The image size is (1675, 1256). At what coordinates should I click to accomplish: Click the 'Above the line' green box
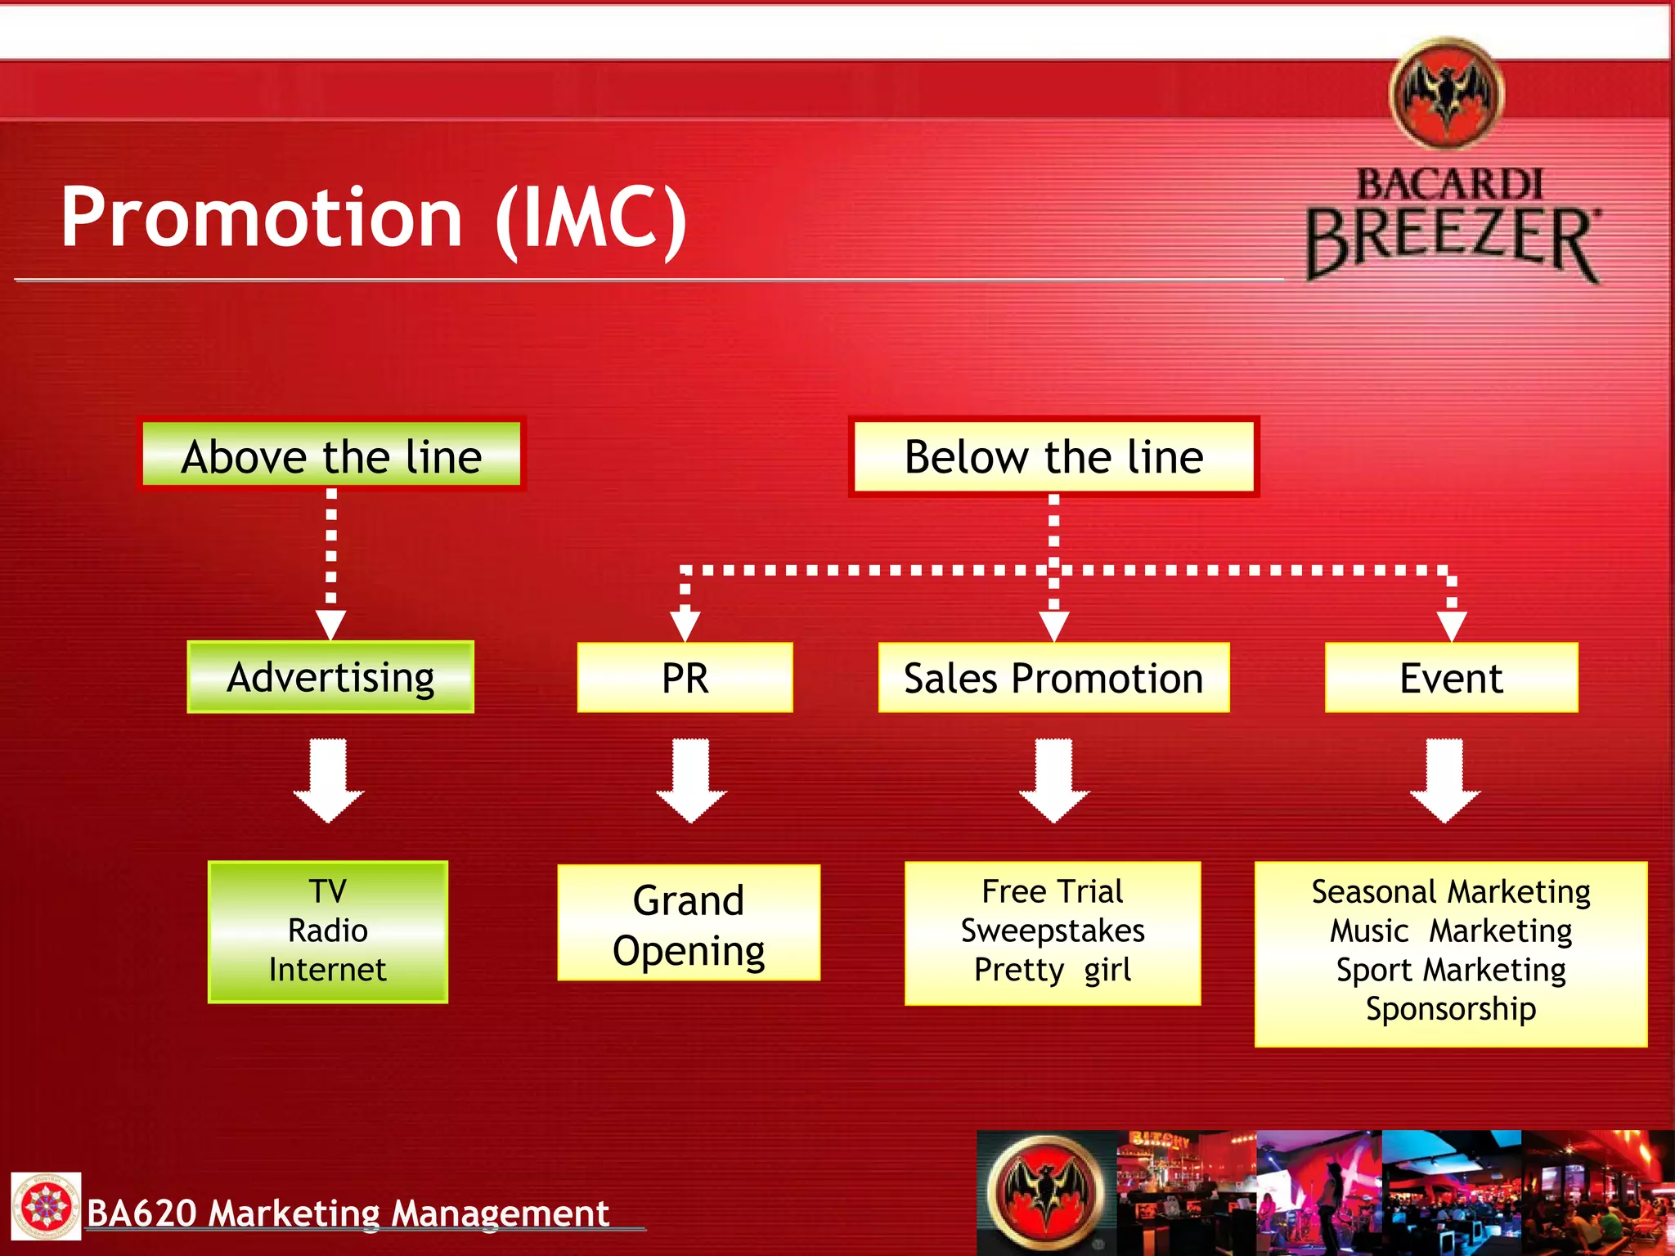tap(331, 455)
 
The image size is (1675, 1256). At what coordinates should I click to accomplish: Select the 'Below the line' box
tap(1053, 456)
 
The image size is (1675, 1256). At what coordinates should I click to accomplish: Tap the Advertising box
tap(330, 677)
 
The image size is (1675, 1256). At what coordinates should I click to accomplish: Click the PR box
tap(685, 677)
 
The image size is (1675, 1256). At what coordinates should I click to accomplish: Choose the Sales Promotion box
tap(1053, 677)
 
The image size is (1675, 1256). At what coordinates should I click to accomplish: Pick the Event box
tap(1451, 677)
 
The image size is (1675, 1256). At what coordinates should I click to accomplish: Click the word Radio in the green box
tap(328, 931)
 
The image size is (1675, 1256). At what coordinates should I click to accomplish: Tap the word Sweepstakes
tap(1053, 931)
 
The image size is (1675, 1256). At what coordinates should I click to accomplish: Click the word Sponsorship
tap(1451, 1009)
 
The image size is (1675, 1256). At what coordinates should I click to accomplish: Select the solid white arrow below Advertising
tap(329, 781)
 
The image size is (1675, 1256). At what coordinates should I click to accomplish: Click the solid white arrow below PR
tap(691, 781)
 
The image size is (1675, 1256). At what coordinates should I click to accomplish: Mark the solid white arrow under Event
tap(1445, 781)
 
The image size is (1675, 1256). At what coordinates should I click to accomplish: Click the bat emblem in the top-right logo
tap(1448, 94)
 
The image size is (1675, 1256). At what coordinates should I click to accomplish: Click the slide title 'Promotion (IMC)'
tap(375, 218)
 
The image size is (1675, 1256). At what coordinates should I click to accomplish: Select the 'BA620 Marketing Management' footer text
tap(348, 1213)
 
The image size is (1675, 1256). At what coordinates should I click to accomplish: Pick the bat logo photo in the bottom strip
tap(1047, 1192)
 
